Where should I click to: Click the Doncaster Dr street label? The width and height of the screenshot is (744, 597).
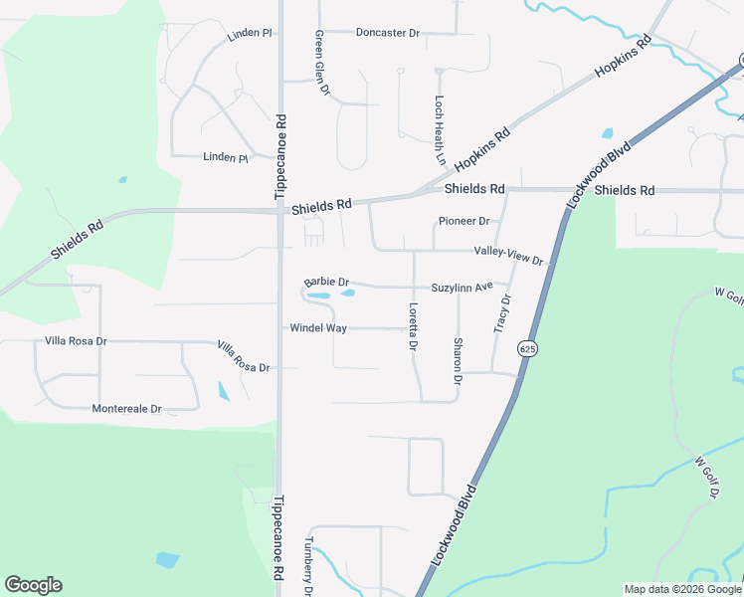(387, 33)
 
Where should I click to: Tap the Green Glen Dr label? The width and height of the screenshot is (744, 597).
(321, 63)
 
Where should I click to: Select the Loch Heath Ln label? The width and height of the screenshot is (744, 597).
(439, 129)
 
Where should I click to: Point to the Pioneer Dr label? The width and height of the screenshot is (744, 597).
(465, 221)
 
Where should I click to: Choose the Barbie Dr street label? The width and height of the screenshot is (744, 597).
(327, 283)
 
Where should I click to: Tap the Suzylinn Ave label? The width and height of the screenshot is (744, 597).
(463, 288)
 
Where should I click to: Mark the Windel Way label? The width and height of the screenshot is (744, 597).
(317, 327)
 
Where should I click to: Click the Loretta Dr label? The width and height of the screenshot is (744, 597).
(412, 325)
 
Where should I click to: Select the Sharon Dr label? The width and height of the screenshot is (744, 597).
(458, 361)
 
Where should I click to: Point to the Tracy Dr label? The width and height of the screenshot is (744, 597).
(501, 312)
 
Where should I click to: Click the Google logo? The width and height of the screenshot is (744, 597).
(33, 585)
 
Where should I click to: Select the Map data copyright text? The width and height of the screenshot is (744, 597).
(681, 589)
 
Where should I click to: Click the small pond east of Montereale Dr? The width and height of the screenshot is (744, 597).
(223, 390)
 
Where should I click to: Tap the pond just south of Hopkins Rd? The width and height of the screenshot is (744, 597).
(607, 132)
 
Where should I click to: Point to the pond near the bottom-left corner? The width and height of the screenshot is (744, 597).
(168, 560)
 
